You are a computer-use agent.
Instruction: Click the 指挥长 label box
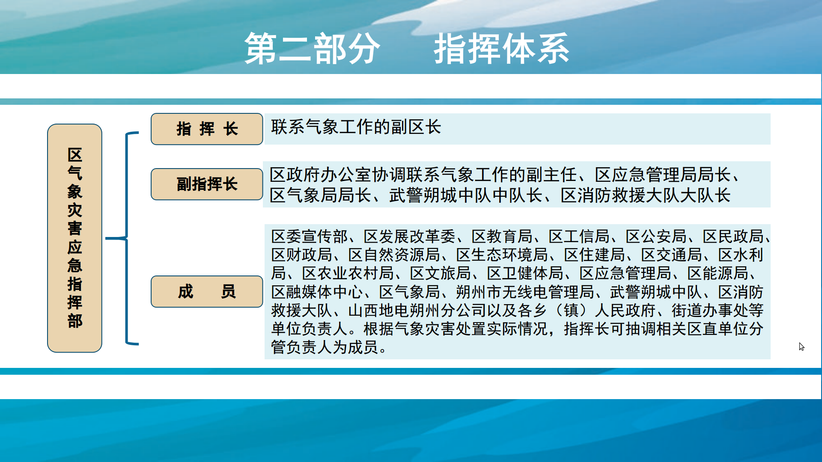[207, 129]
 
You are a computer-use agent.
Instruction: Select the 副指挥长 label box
[207, 184]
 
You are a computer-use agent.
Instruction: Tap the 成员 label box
[207, 291]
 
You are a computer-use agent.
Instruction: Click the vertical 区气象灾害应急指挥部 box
[74, 238]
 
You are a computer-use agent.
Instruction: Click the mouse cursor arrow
[801, 346]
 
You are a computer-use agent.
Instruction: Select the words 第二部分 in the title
[312, 49]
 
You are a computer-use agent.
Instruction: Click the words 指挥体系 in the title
[501, 49]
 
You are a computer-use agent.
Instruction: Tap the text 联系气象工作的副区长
[356, 127]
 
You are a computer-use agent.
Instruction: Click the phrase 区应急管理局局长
[663, 175]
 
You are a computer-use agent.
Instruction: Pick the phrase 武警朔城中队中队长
[466, 195]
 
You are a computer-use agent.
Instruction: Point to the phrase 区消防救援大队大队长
[646, 195]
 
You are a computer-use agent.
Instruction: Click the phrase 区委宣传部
[310, 236]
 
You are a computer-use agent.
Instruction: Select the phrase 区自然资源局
[394, 255]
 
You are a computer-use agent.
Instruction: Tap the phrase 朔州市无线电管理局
[525, 292]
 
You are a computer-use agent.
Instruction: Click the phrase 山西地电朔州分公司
[417, 311]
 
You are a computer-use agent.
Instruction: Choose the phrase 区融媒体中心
[317, 292]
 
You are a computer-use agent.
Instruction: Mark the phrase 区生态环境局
[502, 255]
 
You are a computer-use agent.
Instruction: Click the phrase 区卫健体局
[525, 273]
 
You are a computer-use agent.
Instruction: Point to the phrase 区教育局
[502, 236]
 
